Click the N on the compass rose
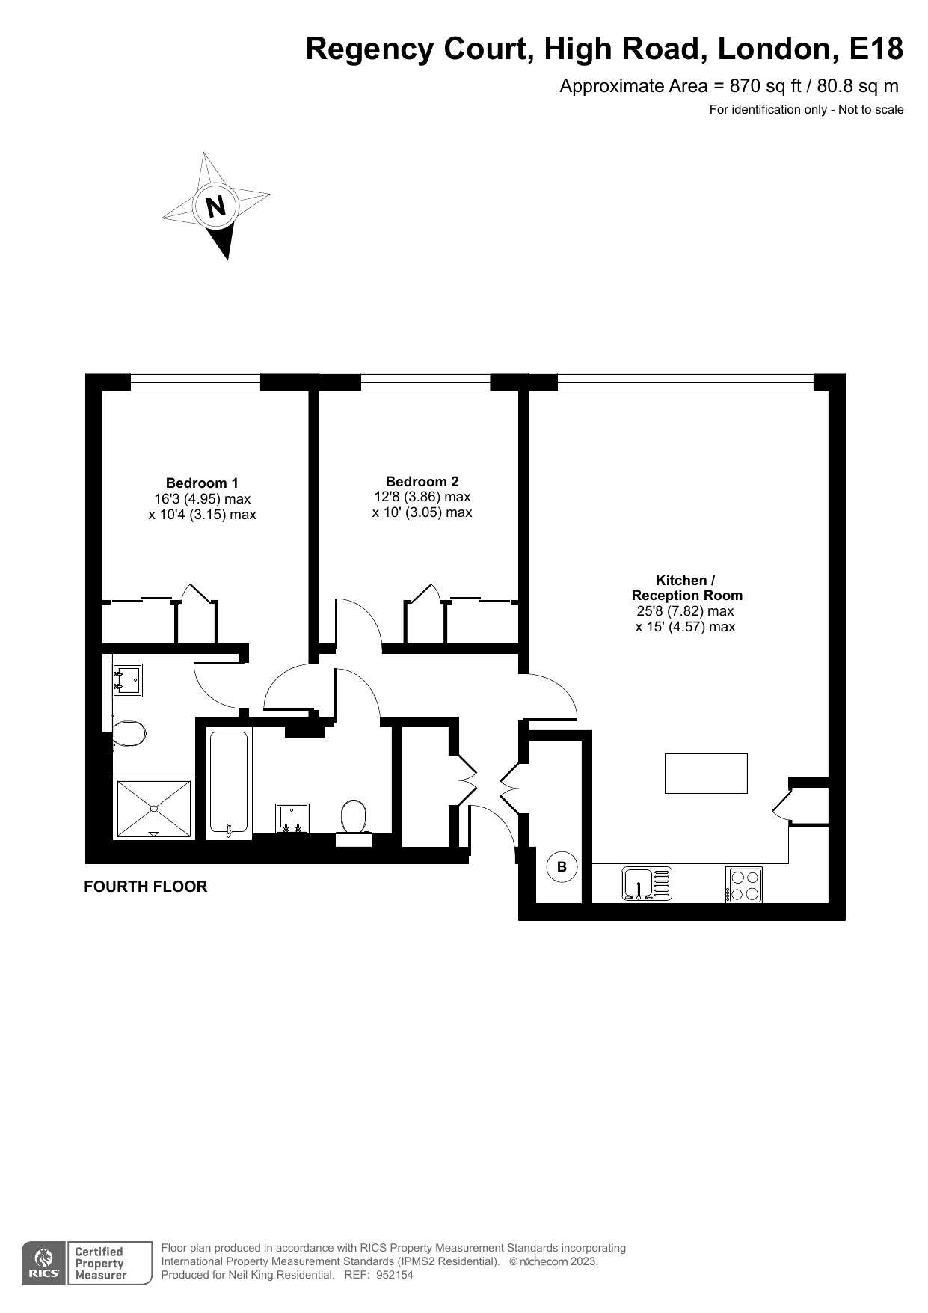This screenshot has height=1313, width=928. click(216, 206)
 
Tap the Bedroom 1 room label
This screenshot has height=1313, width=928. click(202, 483)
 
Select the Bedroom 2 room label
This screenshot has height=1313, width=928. click(422, 482)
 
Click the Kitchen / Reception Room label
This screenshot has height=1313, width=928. click(686, 588)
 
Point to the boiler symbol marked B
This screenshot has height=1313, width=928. click(562, 867)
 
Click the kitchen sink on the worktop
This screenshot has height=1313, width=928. click(647, 884)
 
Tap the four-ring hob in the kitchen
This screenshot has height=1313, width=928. click(743, 884)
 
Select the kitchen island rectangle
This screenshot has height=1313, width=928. click(706, 773)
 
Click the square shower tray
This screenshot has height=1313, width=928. click(153, 808)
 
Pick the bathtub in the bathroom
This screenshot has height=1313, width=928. click(228, 783)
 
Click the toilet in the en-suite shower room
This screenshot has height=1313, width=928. click(128, 733)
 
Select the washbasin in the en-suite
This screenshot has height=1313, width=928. click(127, 680)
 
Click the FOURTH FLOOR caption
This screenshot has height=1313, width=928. click(145, 887)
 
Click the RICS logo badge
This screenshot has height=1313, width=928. click(43, 1264)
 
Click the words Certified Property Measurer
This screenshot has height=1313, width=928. click(99, 1264)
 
